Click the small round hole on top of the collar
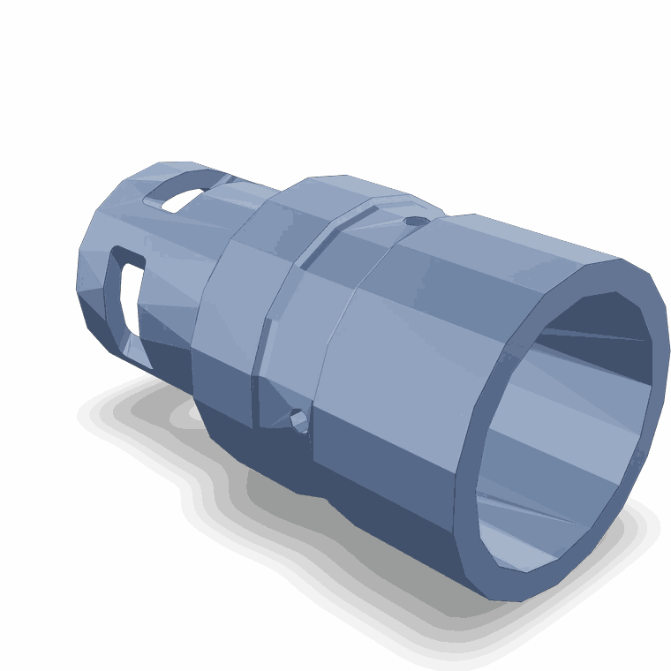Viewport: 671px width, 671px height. tap(414, 222)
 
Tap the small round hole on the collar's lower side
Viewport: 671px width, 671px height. tap(299, 420)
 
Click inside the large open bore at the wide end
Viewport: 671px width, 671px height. tap(565, 415)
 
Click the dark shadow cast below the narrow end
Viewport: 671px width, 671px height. tap(132, 415)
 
